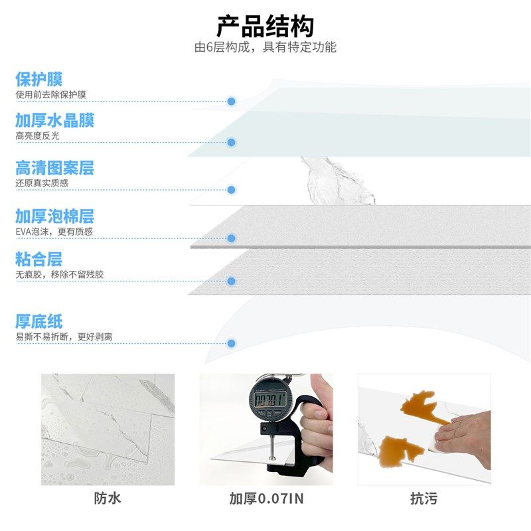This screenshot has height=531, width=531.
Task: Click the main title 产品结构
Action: click(265, 27)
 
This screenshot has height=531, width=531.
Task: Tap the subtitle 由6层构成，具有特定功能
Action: click(265, 48)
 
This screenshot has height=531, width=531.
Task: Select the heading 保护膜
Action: click(39, 80)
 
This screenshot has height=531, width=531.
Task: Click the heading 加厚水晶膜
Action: click(55, 120)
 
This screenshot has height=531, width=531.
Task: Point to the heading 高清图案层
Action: click(55, 168)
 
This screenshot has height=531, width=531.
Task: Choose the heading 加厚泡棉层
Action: click(55, 216)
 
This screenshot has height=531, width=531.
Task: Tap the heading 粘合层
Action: click(39, 259)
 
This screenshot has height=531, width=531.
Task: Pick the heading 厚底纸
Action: click(39, 322)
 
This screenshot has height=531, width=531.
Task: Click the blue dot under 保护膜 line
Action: click(232, 102)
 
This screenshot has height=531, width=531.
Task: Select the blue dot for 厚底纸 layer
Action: click(232, 344)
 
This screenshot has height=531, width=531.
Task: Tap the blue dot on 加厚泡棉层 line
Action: click(232, 238)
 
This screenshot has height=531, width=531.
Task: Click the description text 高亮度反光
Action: click(38, 135)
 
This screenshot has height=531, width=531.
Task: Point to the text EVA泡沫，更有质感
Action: click(54, 232)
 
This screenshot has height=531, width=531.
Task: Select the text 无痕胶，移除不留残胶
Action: click(60, 274)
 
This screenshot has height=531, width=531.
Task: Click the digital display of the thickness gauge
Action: click(267, 400)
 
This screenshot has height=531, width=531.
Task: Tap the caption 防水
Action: click(108, 498)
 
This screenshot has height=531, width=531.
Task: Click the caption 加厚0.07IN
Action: click(265, 498)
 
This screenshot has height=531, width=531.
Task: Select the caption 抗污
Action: click(423, 498)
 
